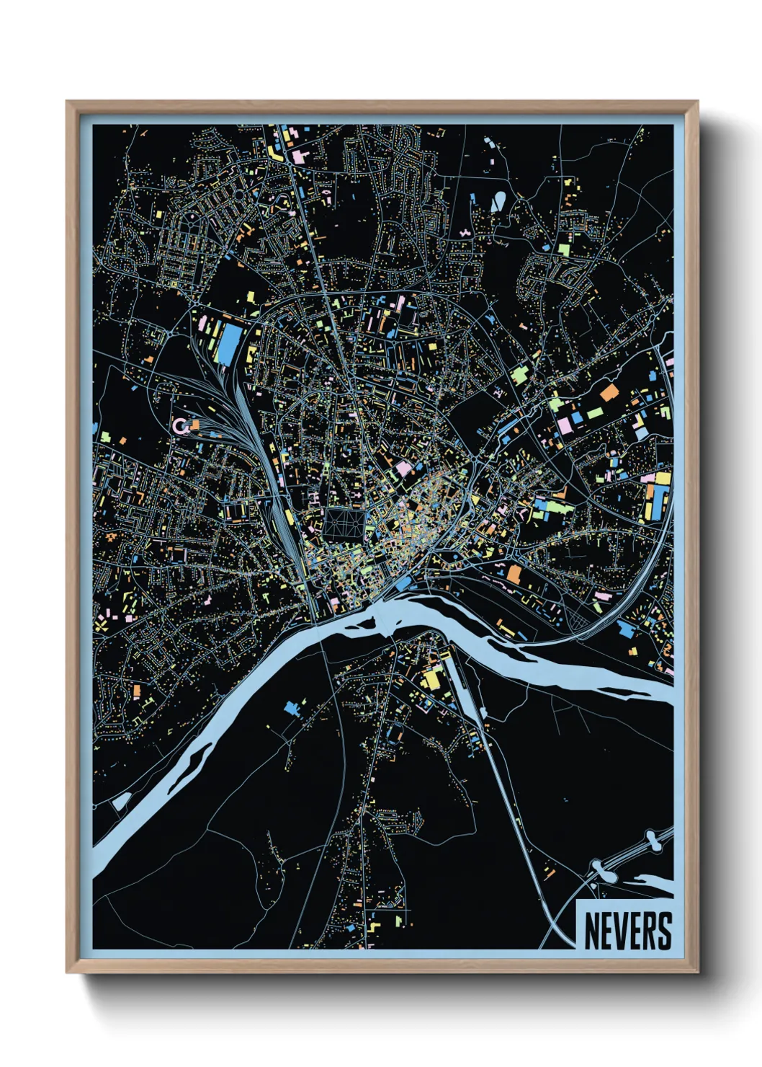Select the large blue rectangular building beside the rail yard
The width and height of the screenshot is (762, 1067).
[x=228, y=343]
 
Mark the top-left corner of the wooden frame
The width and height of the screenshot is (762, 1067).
[x=68, y=102]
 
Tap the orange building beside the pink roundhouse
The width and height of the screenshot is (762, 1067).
[x=194, y=425]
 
